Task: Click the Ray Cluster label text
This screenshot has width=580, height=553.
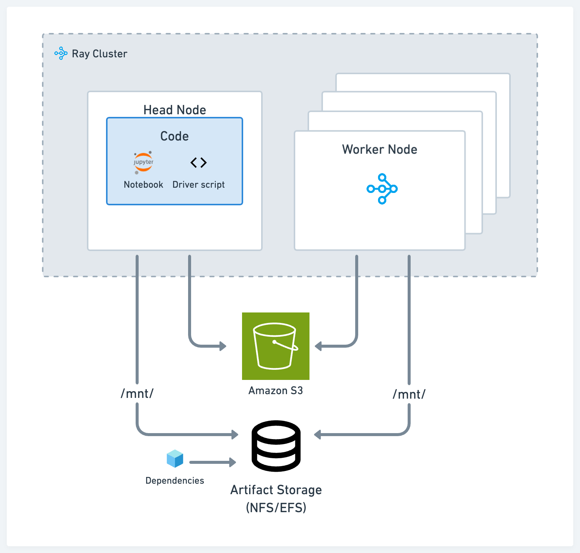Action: pos(99,54)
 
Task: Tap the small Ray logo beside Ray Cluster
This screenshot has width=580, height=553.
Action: pos(61,54)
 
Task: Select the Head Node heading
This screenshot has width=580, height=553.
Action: pos(175,110)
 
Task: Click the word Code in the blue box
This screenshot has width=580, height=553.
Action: pos(175,136)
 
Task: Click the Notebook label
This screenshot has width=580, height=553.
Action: pos(144,185)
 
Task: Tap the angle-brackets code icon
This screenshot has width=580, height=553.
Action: pos(199,163)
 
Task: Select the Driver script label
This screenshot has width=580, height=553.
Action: pos(199,185)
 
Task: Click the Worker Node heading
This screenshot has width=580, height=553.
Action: pos(380,149)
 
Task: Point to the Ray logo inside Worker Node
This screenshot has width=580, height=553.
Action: pos(382,189)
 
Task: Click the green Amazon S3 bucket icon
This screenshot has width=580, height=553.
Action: pos(276,346)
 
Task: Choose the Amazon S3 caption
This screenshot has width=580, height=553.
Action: pos(276,391)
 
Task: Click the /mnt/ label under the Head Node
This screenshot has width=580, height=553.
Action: pos(137,393)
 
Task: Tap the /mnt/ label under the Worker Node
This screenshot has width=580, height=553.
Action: pos(409,394)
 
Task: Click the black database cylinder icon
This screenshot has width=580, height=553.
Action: pos(276,446)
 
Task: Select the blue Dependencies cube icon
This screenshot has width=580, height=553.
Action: pos(175,459)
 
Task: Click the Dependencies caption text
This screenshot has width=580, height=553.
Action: pos(175,481)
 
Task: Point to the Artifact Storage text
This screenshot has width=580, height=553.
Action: pos(276,490)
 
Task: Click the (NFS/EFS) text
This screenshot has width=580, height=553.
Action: pos(276,508)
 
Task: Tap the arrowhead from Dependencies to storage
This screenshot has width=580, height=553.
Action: pos(233,462)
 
